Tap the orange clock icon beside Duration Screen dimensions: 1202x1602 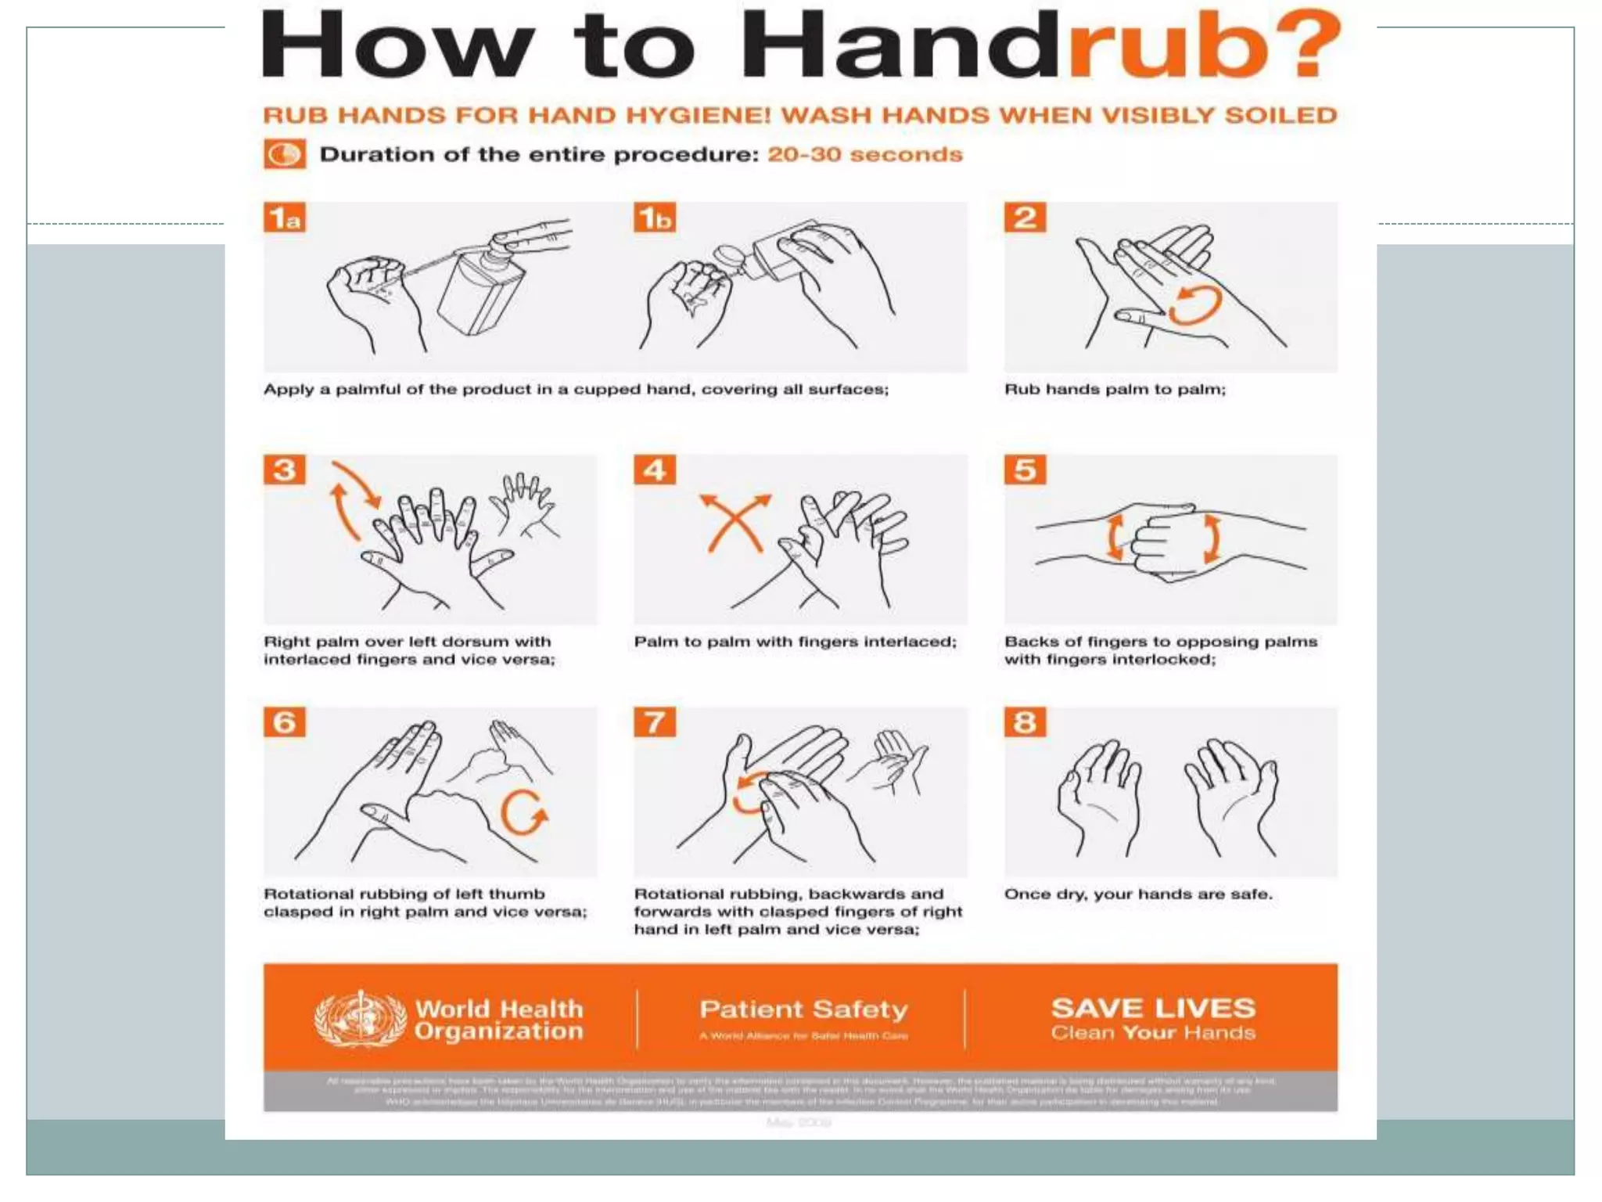284,154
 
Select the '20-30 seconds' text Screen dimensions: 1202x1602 864,154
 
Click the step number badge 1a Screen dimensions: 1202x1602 284,218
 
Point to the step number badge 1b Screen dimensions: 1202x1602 655,218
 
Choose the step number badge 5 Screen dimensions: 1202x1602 1025,470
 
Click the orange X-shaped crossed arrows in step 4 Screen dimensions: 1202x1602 734,522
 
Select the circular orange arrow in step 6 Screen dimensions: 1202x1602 523,813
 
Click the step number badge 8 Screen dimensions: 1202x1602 1025,722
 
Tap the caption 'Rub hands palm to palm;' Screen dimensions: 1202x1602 1115,390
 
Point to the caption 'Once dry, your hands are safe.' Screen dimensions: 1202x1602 1138,894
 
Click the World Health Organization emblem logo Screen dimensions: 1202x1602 360,1019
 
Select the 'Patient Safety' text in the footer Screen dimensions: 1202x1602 803,1009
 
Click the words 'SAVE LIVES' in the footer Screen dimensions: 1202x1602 1153,1008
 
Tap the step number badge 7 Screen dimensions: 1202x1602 655,722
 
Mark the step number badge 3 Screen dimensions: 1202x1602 284,470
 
